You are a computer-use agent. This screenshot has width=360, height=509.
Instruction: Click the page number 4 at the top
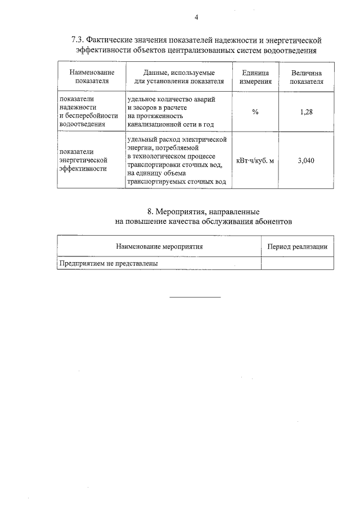[196, 17]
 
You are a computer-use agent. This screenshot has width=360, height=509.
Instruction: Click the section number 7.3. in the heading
[78, 40]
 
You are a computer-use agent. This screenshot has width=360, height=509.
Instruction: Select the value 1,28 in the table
[307, 112]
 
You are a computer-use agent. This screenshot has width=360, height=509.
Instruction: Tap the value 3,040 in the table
[307, 160]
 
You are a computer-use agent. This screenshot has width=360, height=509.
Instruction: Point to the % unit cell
[255, 112]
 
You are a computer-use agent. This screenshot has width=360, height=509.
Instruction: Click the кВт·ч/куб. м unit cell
[255, 160]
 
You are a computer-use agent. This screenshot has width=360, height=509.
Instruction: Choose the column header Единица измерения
[255, 77]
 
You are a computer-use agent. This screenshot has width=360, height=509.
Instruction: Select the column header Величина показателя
[307, 77]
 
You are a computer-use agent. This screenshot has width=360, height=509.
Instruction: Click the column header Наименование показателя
[92, 77]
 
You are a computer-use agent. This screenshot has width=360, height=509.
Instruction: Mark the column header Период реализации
[297, 246]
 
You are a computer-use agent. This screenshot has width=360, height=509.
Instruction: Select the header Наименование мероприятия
[159, 246]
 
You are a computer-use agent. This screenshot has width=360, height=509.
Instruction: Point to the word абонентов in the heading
[273, 222]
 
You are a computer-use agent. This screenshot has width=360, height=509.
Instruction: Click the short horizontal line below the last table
[195, 296]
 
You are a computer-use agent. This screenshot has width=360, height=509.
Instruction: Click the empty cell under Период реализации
[297, 263]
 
